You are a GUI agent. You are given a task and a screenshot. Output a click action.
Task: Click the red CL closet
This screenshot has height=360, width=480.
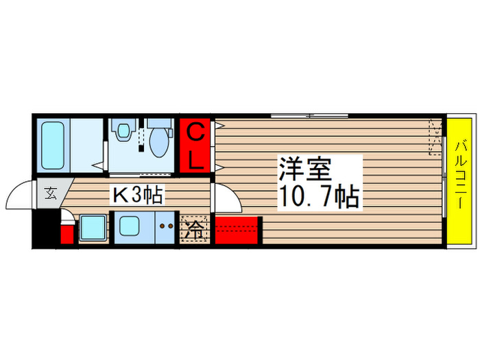click(196, 145)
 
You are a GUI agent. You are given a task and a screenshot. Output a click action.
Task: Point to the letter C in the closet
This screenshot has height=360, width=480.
click(196, 132)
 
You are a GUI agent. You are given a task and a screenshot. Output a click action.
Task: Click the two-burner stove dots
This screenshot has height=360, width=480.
click(167, 225)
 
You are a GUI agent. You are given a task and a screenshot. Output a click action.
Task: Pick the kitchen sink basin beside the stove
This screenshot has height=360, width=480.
click(130, 226)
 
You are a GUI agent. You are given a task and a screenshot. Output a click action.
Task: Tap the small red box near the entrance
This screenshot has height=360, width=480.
click(67, 234)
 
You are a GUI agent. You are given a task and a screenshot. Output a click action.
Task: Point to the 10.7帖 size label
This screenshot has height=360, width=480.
click(319, 197)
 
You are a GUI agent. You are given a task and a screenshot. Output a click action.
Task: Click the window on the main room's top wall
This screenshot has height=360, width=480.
click(309, 115)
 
